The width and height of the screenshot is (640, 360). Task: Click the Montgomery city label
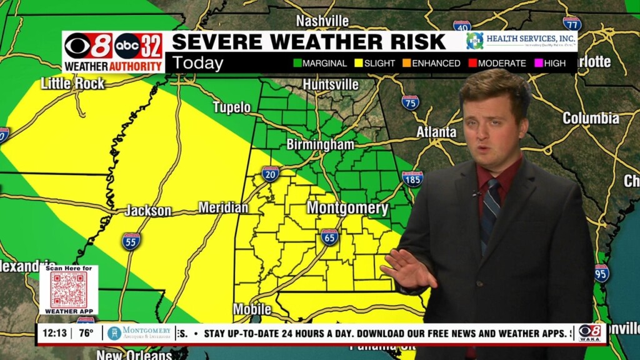click(x=347, y=208)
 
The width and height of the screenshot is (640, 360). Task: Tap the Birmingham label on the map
click(x=320, y=144)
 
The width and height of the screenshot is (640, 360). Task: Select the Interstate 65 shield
click(x=329, y=237)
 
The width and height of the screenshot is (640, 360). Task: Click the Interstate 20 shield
click(x=270, y=174)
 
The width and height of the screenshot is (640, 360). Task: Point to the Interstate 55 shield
click(x=131, y=241)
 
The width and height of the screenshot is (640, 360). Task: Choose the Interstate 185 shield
click(x=412, y=179)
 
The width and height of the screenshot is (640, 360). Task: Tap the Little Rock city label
click(x=72, y=83)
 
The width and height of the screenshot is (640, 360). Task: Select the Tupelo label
click(x=232, y=107)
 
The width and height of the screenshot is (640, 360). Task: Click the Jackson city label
click(x=148, y=211)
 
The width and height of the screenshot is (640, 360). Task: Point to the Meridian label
click(x=223, y=207)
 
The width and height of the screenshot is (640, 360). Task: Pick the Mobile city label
click(x=252, y=309)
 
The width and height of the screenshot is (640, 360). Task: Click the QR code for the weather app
click(x=69, y=289)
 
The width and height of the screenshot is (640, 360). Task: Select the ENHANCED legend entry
click(x=431, y=63)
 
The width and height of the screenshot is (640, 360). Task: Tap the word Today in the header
click(x=197, y=63)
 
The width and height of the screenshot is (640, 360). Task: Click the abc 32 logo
click(x=138, y=46)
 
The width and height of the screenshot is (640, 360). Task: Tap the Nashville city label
click(x=322, y=21)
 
